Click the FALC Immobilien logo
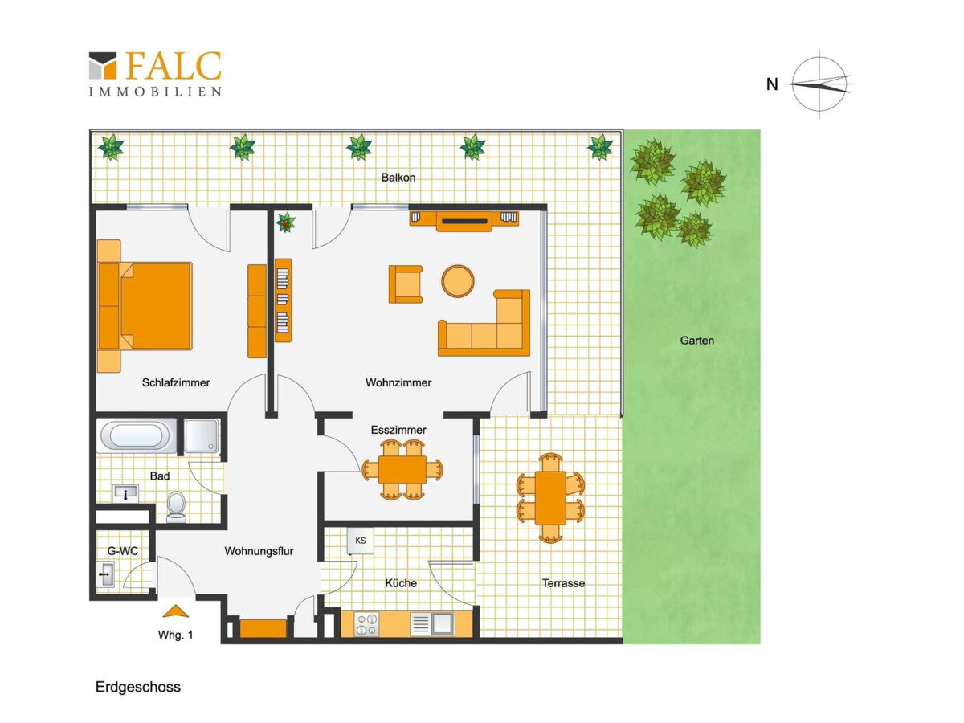tap(156, 74)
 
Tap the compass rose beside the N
tap(819, 84)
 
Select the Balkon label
tap(398, 178)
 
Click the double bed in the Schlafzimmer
tap(145, 306)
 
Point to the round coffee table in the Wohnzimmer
tap(458, 281)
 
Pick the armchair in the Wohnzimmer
tap(406, 284)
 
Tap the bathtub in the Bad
tap(137, 436)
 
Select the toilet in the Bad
tap(177, 507)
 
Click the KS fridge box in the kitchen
tap(360, 541)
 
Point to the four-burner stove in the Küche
tap(366, 624)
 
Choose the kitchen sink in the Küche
tap(432, 624)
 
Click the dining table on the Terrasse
tap(550, 498)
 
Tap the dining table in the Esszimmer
tap(402, 470)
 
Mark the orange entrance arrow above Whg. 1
tap(175, 611)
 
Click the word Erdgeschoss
tap(138, 687)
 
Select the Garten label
tap(696, 340)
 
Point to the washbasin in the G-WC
tap(106, 574)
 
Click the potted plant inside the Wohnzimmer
tap(285, 223)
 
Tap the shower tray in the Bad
tap(201, 436)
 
